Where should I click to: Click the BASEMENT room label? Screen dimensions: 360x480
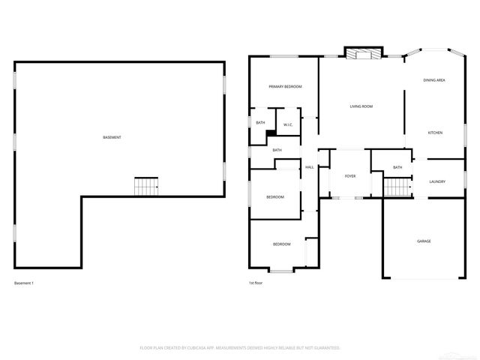coord(112,137)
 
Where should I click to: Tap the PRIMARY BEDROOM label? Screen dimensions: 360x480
coord(285,87)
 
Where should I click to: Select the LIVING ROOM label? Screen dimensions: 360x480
coord(361,106)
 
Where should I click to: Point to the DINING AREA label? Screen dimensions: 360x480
coord(434,79)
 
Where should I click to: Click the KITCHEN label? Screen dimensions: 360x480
coord(435,133)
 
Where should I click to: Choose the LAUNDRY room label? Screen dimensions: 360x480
coord(437,182)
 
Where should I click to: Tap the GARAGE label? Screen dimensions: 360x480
coord(424,241)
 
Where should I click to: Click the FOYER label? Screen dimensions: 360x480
coord(350,176)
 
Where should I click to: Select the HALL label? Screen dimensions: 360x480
coord(308,167)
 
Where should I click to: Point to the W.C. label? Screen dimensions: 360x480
coord(288,124)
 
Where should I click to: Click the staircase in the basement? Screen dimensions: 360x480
coord(146,186)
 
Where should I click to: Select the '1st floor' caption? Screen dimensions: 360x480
coord(256,283)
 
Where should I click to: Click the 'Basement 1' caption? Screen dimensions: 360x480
coord(24,283)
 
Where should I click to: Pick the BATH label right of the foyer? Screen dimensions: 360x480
coord(397,167)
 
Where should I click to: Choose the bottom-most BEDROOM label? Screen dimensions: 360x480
coord(281,244)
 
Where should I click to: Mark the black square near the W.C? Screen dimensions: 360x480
coord(271,133)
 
